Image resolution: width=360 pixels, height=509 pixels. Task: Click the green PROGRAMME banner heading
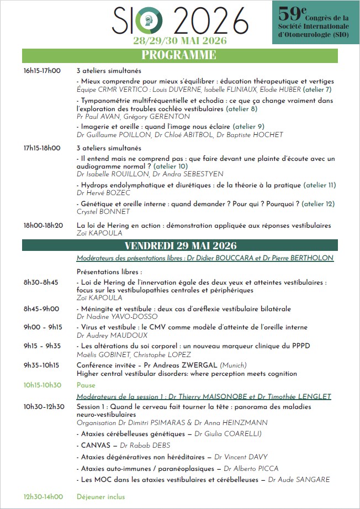tap(178, 55)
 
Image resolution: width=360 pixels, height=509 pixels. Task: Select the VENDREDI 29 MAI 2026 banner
tap(181, 245)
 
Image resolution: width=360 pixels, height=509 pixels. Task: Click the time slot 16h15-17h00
tap(42, 71)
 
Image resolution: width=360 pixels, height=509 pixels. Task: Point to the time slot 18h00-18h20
tap(43, 225)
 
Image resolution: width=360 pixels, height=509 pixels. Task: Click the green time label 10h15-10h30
tap(42, 385)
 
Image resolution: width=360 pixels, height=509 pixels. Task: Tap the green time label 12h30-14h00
tap(43, 497)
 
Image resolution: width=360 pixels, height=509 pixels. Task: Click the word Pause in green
tap(86, 385)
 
